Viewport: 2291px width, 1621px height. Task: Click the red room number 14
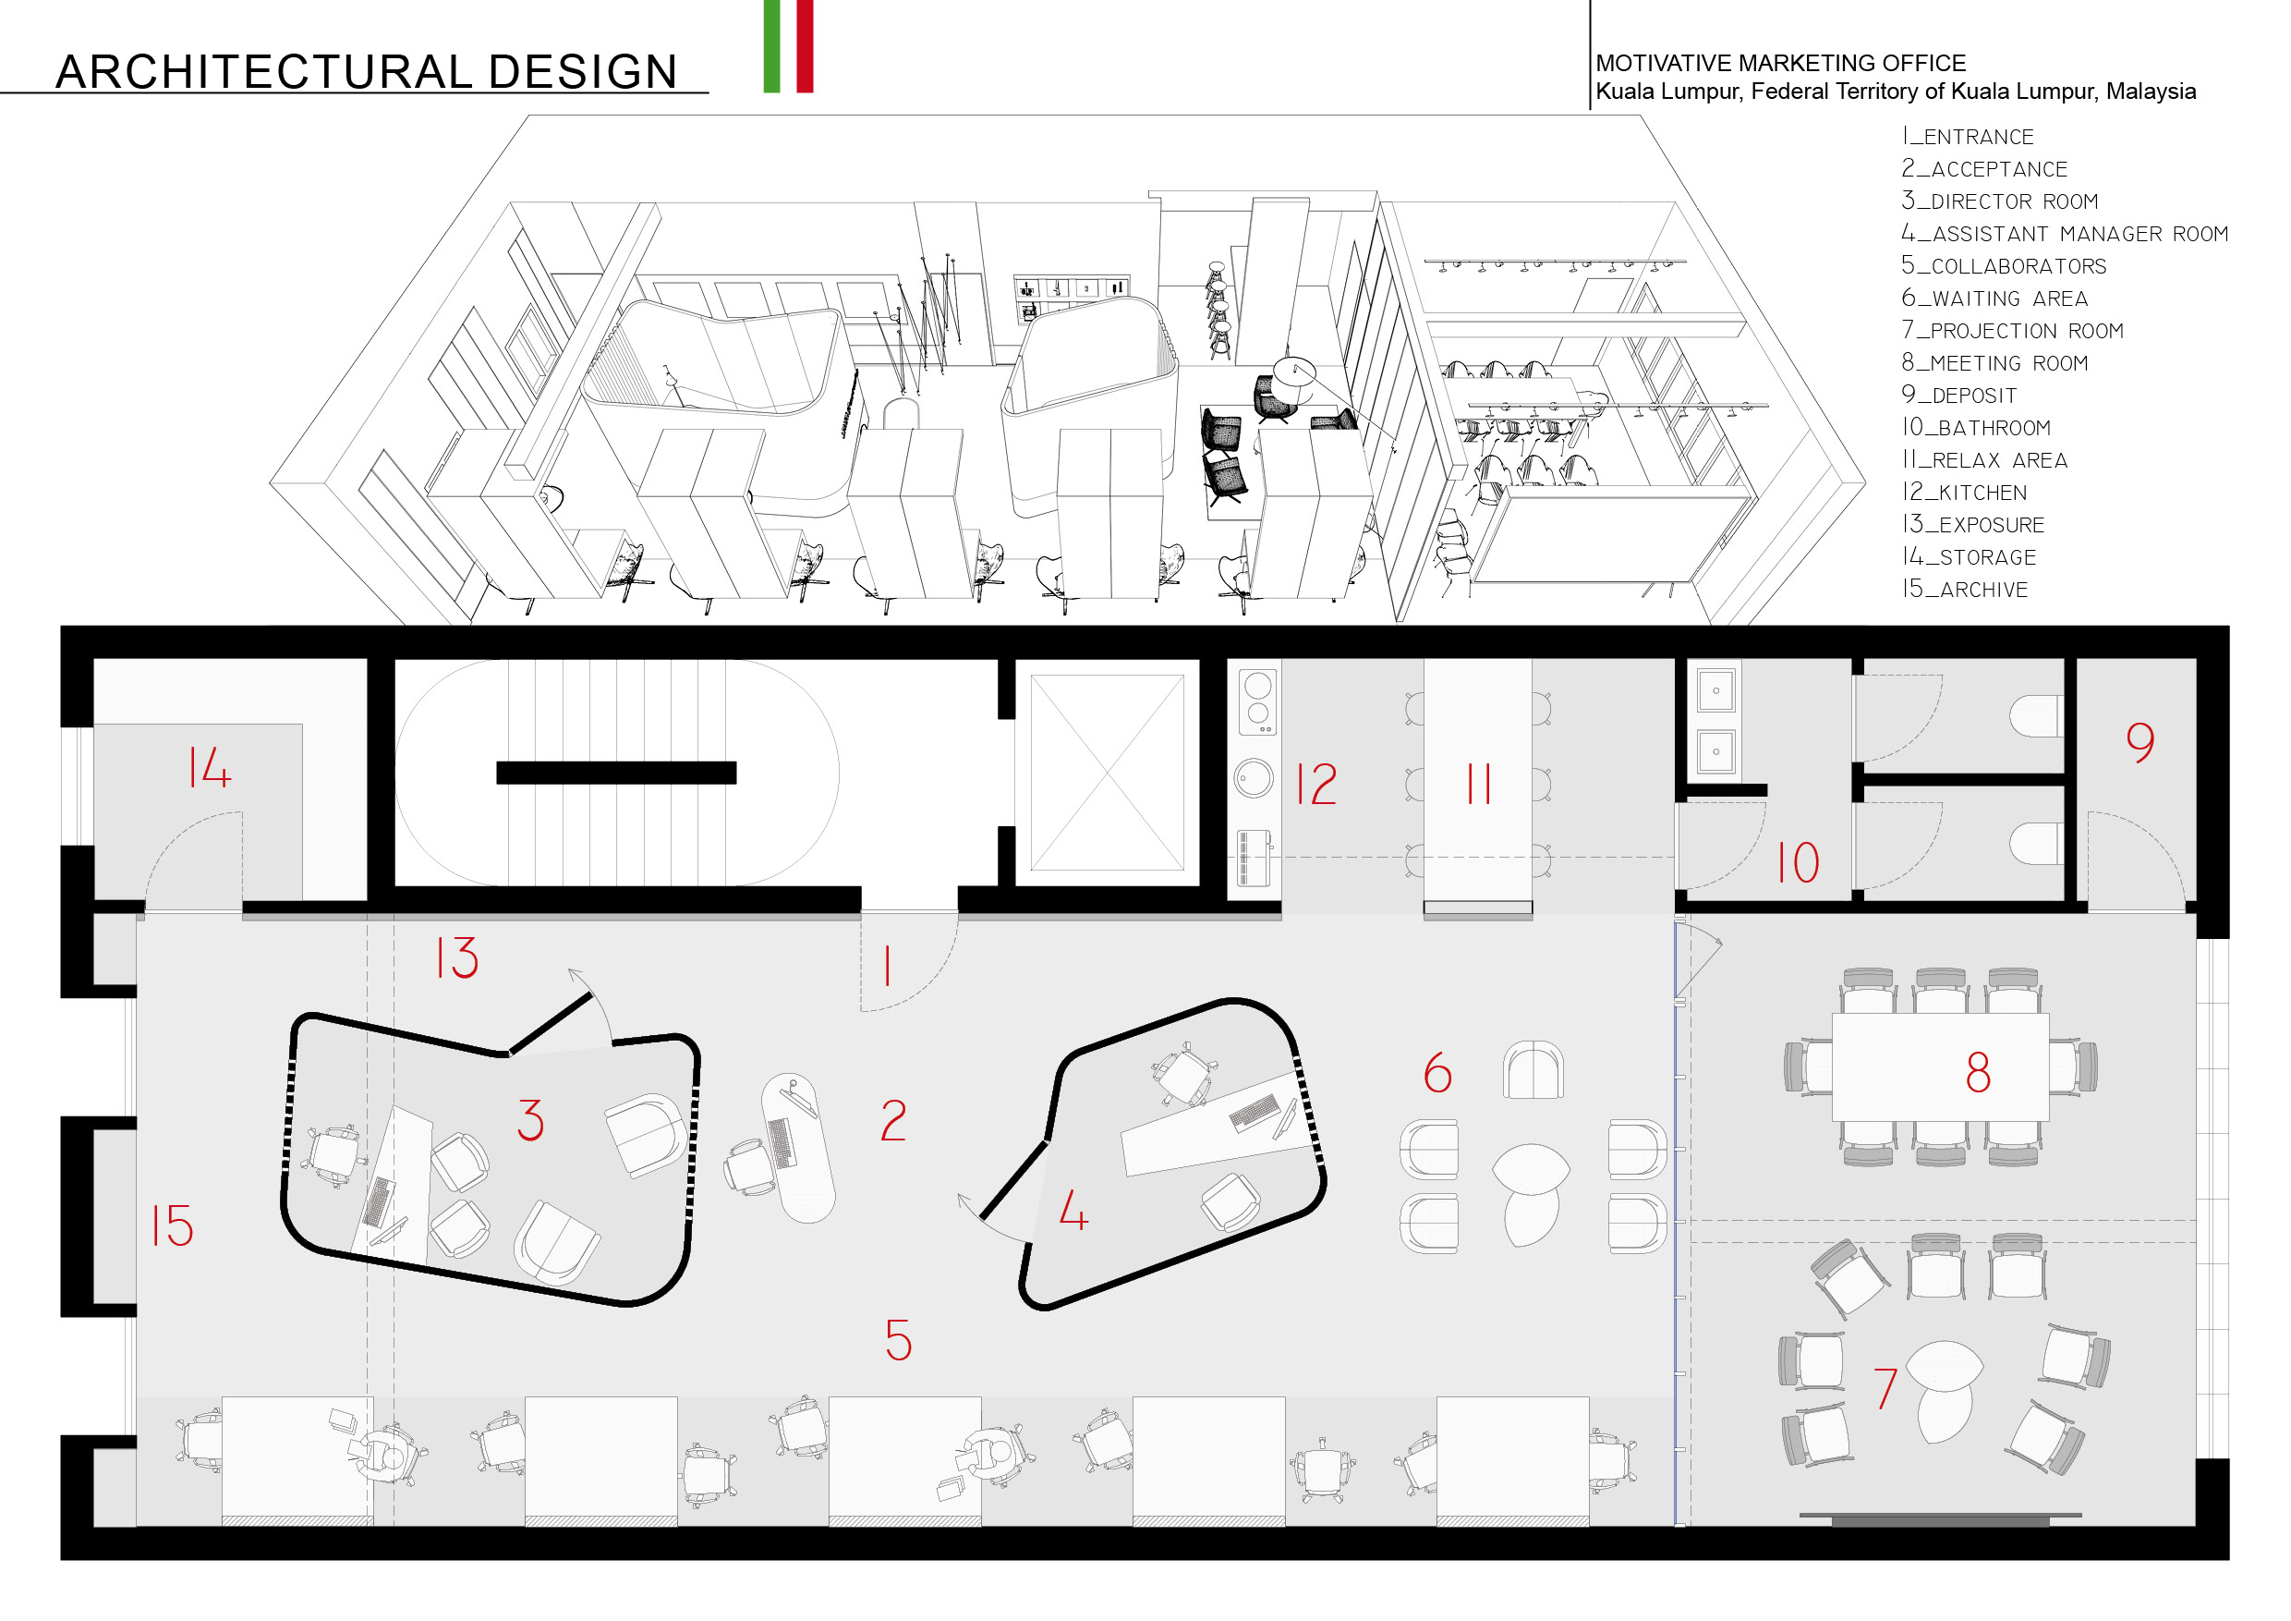point(210,769)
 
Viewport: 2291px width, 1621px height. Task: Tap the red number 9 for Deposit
point(2139,741)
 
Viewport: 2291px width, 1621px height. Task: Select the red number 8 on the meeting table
point(1978,1073)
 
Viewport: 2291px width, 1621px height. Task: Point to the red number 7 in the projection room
point(1885,1388)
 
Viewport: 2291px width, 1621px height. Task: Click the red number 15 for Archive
point(173,1225)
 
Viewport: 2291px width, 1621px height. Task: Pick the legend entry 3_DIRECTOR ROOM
point(2000,201)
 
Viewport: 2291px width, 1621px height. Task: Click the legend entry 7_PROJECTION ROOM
point(2012,330)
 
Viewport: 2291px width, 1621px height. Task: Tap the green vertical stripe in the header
point(771,46)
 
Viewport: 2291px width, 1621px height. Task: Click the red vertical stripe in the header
point(805,46)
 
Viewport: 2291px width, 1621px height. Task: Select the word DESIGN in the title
point(583,72)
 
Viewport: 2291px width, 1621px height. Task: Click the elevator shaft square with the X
point(1107,773)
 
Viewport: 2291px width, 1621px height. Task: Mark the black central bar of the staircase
point(615,773)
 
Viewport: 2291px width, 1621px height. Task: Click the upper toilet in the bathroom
point(2035,715)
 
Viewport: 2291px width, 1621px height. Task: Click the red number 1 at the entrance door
point(887,966)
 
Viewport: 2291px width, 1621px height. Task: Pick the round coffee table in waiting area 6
point(1531,1169)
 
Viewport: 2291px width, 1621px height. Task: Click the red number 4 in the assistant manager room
point(1073,1211)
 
